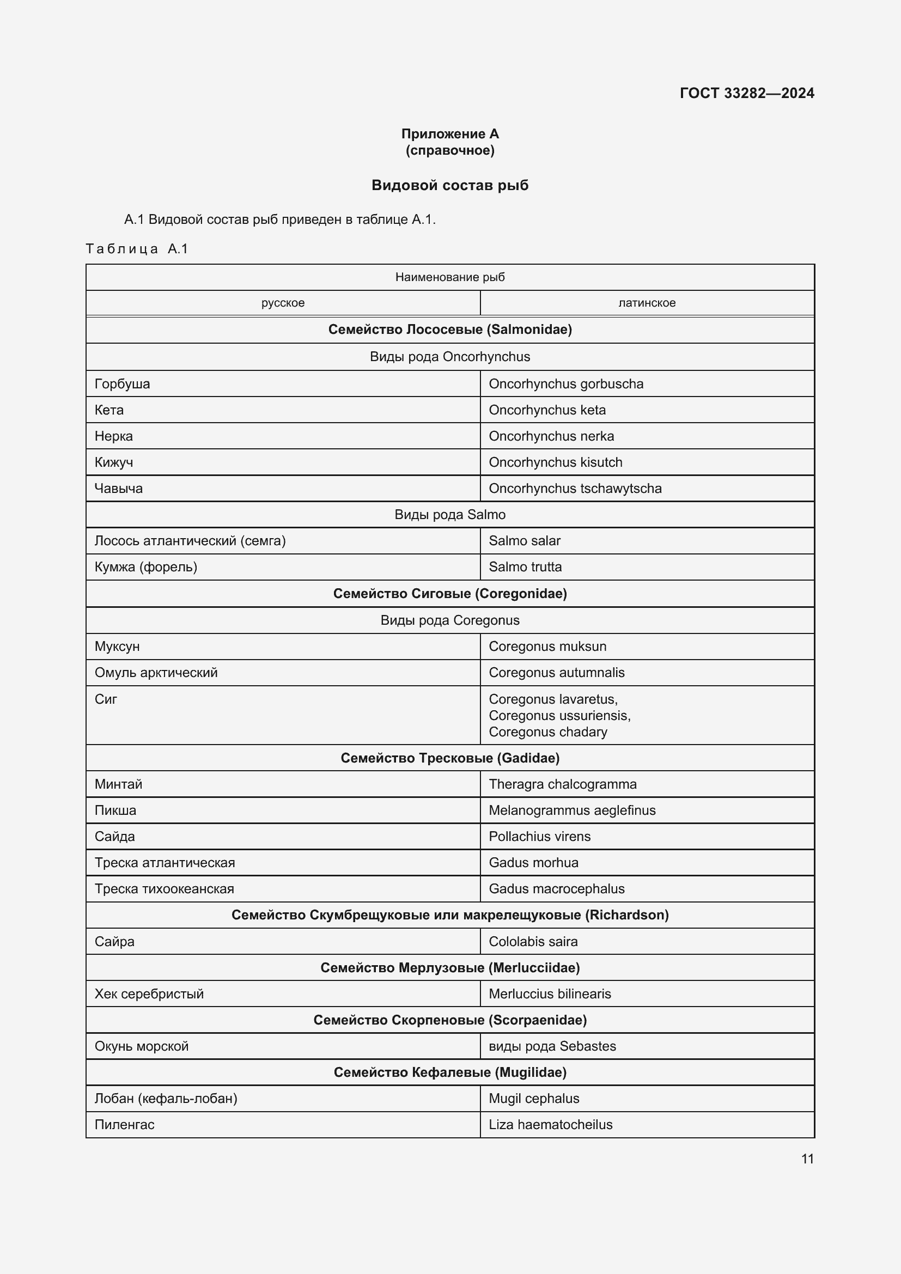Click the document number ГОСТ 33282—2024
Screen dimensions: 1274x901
pos(746,93)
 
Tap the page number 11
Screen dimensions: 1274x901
pos(807,1159)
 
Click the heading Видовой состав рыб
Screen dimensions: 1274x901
pos(449,185)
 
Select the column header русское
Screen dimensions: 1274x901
pos(283,303)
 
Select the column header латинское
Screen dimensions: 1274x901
pos(647,303)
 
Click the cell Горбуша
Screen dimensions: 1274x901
pos(123,384)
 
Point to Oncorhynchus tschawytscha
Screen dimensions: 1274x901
pos(575,488)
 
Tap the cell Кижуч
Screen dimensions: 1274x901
pos(114,462)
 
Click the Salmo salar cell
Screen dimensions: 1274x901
pos(524,540)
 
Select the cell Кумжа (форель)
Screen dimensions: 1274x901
pos(146,567)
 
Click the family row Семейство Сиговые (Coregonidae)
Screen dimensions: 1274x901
pos(449,594)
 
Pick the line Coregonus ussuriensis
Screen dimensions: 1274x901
pos(559,715)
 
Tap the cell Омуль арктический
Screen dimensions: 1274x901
pos(156,673)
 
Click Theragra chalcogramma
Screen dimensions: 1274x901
pos(563,784)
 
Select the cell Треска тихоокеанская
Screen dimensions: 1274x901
pos(164,888)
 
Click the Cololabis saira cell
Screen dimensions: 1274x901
pos(533,942)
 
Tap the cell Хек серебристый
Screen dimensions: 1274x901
pos(149,994)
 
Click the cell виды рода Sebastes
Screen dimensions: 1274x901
pos(552,1046)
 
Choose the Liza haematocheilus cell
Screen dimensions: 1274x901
pos(550,1125)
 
